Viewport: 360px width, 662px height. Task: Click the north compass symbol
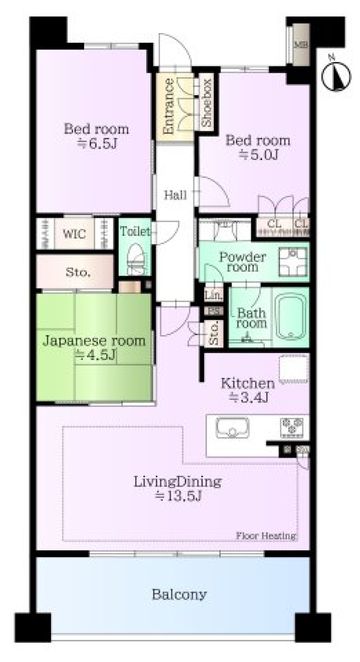(336, 76)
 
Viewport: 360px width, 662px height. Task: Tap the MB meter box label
(301, 45)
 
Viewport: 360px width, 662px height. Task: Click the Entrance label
(169, 106)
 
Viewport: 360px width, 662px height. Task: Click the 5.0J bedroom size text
(259, 154)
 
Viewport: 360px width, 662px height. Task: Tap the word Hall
(175, 195)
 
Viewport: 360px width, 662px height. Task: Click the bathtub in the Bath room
(290, 316)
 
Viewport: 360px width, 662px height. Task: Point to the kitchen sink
(232, 428)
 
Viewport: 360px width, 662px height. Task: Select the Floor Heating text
(266, 536)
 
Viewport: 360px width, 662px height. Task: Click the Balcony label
(179, 594)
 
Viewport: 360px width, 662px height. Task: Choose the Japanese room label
(94, 341)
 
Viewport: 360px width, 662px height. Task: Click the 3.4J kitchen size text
(249, 397)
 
